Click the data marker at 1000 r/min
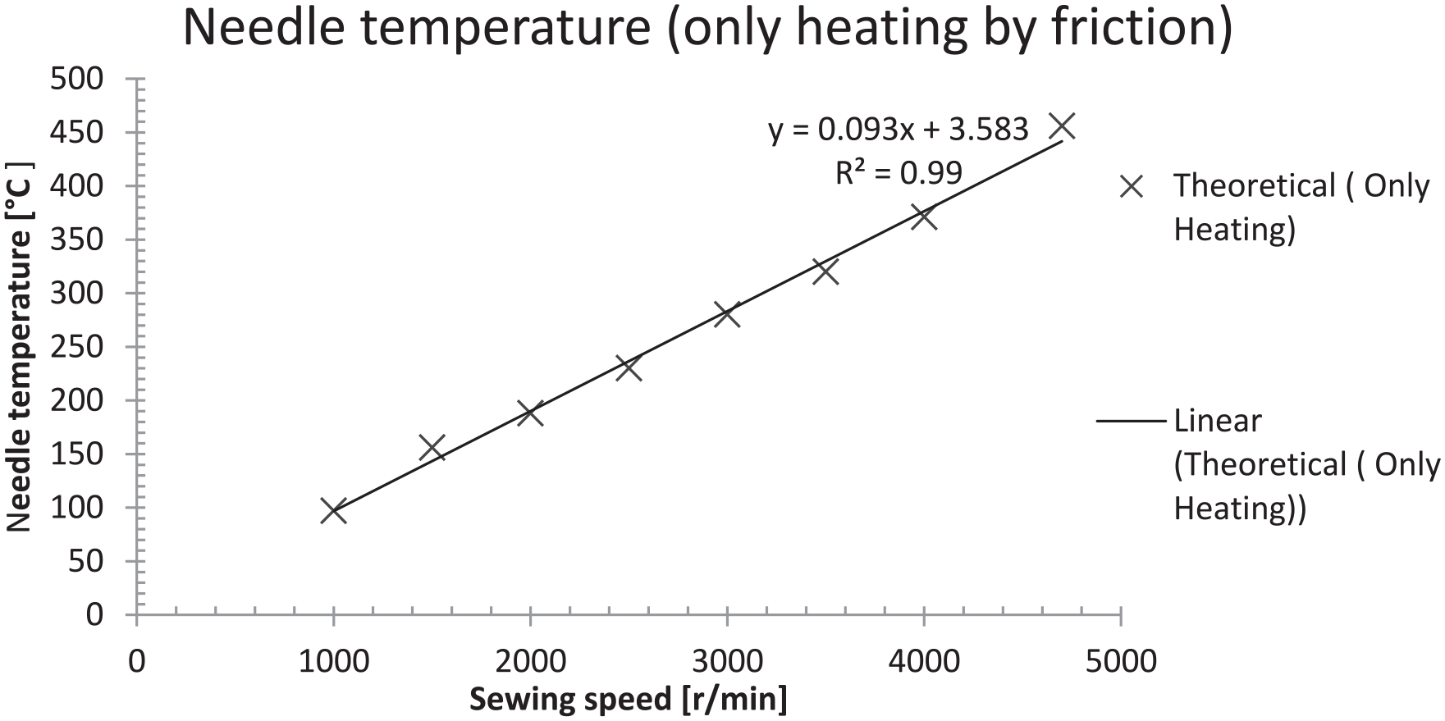333,511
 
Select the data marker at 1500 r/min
432,448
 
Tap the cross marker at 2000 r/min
530,413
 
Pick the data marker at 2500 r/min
629,368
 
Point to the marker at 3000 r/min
727,314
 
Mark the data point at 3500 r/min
825,272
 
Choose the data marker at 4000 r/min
924,217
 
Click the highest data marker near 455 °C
1062,126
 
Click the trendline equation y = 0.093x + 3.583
898,130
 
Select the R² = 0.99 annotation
899,173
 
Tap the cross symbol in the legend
1132,187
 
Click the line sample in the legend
1130,422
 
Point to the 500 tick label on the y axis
77,80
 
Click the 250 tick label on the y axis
77,348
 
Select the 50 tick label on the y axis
86,562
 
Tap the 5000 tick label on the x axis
1120,661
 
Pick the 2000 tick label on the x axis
530,661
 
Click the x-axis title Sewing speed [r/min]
628,700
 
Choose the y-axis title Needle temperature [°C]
20,348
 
